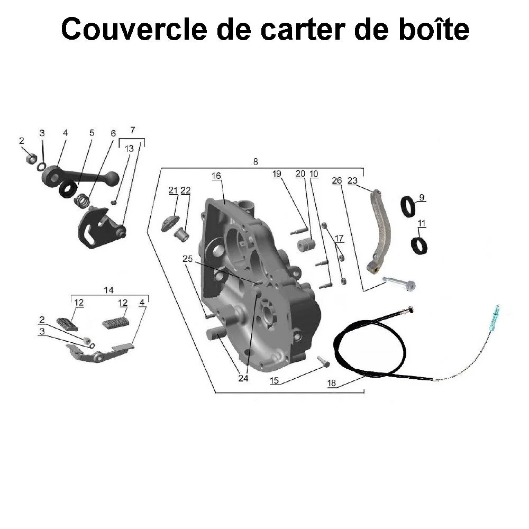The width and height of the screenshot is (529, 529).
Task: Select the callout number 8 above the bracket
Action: (x=256, y=162)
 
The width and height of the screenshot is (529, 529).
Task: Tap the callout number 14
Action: (x=108, y=290)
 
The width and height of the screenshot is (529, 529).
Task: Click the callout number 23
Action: (x=353, y=180)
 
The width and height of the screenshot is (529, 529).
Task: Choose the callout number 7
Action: (x=132, y=130)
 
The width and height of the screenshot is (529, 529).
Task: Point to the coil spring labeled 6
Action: (x=81, y=200)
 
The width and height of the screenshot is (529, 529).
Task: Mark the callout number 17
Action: (x=339, y=239)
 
